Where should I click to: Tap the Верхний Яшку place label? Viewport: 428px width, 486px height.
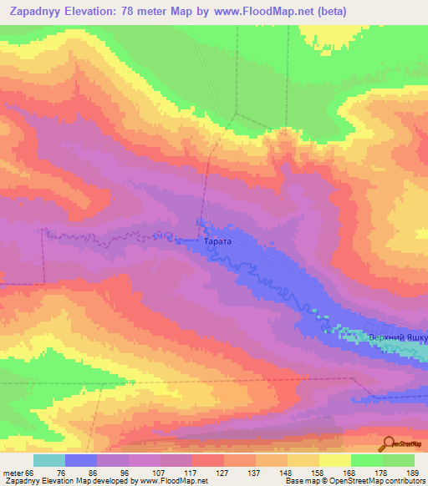click(399, 338)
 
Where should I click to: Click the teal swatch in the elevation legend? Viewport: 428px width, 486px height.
click(48, 460)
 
